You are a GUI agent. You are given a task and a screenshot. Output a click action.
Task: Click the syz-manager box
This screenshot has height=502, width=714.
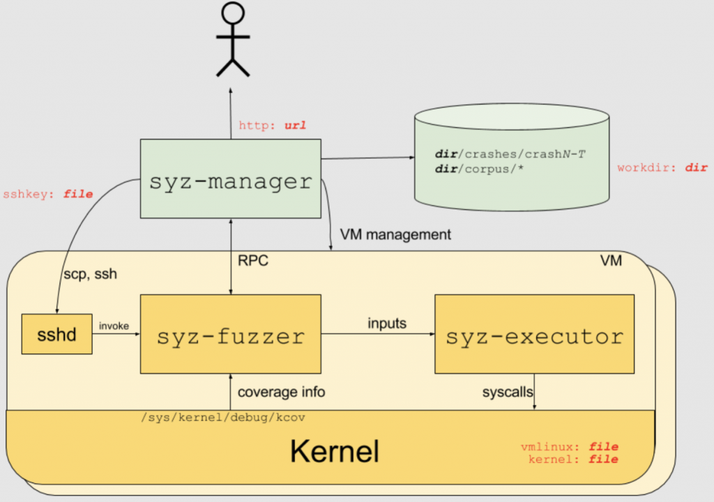click(230, 181)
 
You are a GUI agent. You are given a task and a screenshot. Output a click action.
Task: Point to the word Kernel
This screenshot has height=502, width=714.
click(334, 451)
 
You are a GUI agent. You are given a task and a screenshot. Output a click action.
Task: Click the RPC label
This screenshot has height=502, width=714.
click(253, 261)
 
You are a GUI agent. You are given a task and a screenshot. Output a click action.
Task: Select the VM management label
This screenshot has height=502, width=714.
click(395, 234)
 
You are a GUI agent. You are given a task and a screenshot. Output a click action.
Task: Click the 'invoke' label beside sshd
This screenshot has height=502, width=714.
click(114, 326)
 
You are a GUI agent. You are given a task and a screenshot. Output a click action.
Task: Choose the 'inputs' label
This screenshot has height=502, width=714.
click(388, 324)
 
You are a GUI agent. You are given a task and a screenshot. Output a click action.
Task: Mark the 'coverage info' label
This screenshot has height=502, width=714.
click(281, 392)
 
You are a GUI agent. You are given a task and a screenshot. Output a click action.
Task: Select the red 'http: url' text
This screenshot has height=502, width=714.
click(273, 126)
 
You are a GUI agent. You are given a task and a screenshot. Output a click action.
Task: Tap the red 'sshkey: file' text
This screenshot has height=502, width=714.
click(48, 194)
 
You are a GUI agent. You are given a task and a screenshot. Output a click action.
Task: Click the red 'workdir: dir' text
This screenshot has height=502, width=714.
click(662, 168)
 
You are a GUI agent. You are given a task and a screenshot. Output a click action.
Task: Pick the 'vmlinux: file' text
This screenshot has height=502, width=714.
click(570, 446)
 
